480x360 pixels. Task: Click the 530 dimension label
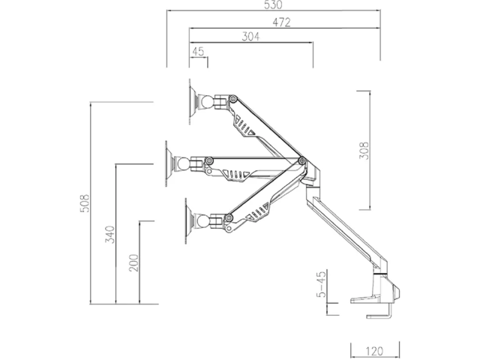[x=273, y=5]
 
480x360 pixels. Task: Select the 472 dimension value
[x=281, y=22]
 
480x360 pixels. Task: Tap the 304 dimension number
[x=250, y=37]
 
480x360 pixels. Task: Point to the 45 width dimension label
[x=198, y=51]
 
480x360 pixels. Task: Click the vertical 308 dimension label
[x=364, y=150]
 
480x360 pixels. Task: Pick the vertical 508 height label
[x=85, y=203]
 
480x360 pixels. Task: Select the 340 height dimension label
[x=110, y=234]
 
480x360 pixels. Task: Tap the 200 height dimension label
[x=133, y=262]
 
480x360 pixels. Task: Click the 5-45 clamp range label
[x=321, y=284]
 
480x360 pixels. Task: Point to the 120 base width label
[x=374, y=351]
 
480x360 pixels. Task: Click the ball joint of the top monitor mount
[x=206, y=102]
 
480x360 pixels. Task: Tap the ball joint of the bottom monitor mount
[x=203, y=220]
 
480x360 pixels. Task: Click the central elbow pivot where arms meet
[x=301, y=160]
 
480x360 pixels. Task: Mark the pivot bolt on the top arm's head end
[x=233, y=99]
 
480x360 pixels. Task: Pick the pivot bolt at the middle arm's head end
[x=209, y=160]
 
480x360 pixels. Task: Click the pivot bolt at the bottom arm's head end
[x=228, y=217]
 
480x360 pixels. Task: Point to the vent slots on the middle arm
[x=235, y=175]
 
